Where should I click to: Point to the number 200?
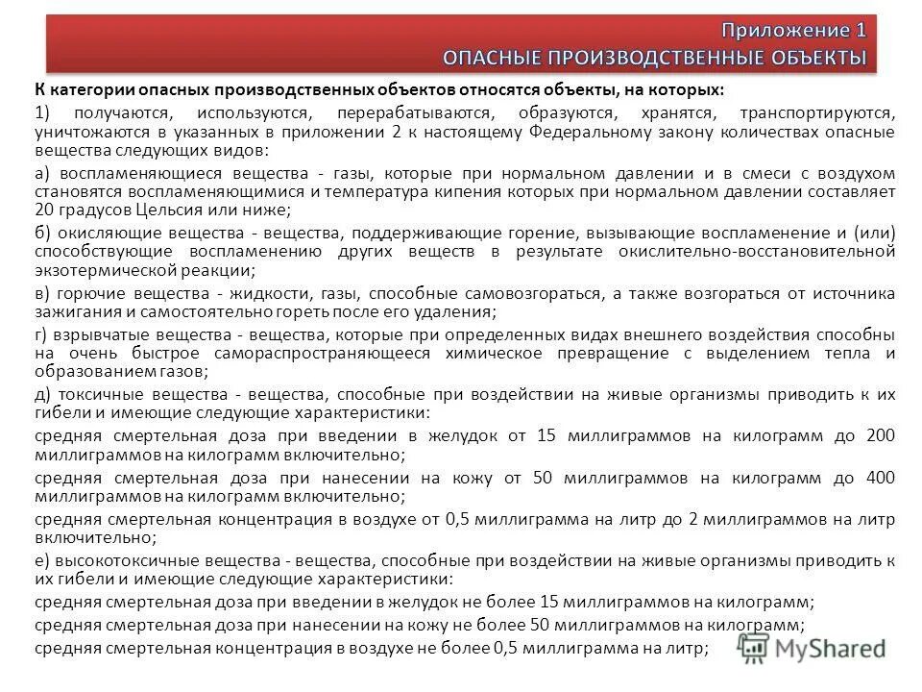(881, 435)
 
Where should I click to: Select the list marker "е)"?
(42, 559)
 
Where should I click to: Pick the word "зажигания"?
(69, 312)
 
